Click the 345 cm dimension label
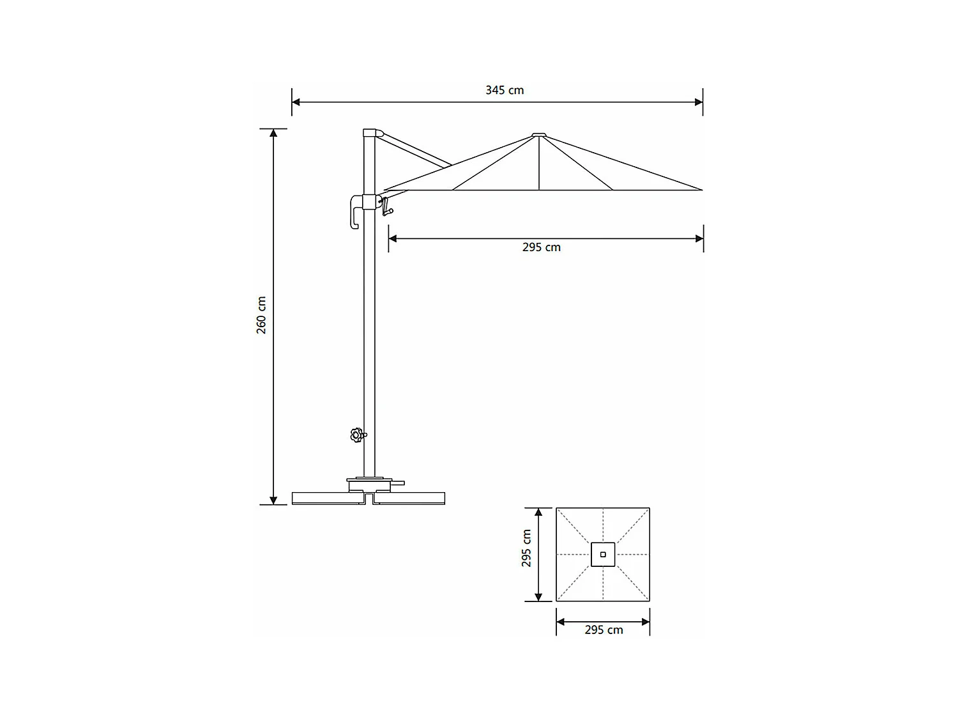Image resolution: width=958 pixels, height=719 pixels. (505, 90)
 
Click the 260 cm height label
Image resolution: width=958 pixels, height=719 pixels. (262, 316)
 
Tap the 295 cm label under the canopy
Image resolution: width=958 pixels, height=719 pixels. (542, 247)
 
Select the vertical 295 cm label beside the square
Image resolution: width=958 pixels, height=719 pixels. (527, 548)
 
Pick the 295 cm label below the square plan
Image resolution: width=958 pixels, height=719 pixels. (604, 630)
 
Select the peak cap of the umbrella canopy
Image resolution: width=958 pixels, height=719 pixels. (539, 135)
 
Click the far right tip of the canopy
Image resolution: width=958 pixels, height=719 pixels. (701, 190)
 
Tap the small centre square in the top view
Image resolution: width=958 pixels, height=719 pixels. (603, 554)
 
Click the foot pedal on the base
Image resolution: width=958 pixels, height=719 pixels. (398, 483)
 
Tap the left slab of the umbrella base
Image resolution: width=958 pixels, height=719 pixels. (326, 498)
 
